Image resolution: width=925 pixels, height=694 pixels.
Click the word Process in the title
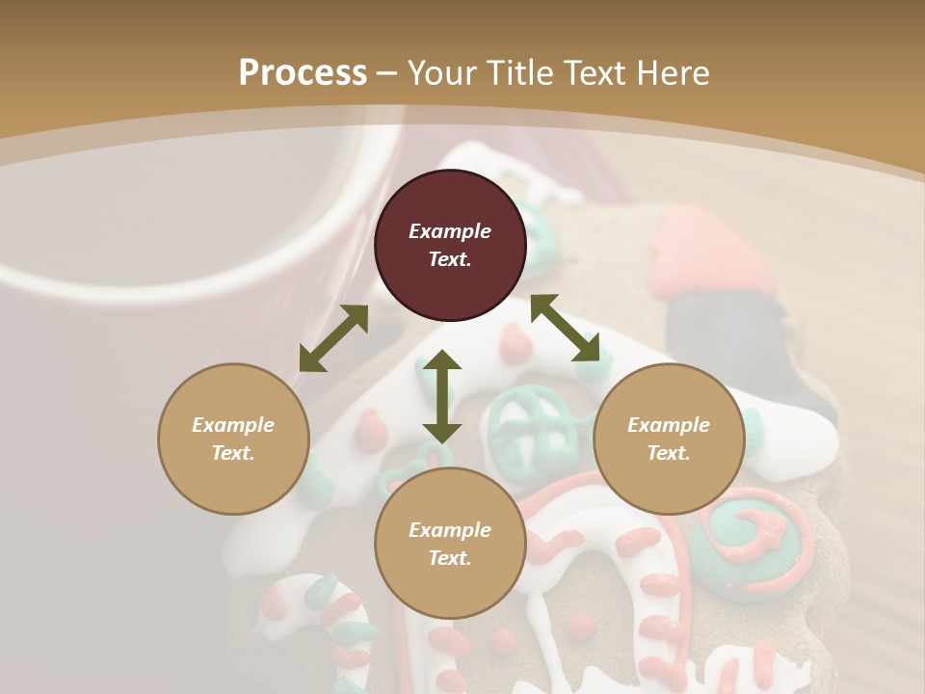click(x=303, y=73)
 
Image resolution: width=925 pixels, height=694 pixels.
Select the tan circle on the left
click(x=233, y=439)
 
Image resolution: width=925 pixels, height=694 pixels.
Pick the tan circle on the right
click(x=669, y=439)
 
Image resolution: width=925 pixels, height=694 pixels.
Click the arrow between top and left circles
click(x=333, y=338)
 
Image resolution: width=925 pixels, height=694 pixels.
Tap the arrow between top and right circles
click(x=565, y=328)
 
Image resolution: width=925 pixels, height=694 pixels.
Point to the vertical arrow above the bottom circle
click(x=441, y=396)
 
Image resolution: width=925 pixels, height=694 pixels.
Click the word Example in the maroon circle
click(x=450, y=231)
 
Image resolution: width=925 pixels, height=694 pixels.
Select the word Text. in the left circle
click(x=233, y=453)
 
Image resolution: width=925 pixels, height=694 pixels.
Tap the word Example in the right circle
click(x=669, y=425)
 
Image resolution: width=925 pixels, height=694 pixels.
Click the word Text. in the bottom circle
click(x=450, y=558)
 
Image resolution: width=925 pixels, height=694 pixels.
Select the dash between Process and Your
click(x=387, y=73)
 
